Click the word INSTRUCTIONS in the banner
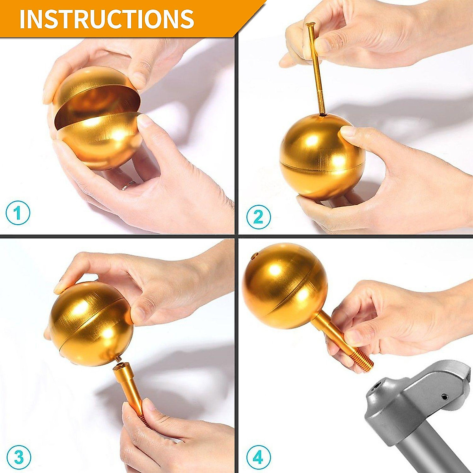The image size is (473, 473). (106, 19)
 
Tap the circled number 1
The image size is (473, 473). (18, 213)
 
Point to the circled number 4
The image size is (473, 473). (258, 458)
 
